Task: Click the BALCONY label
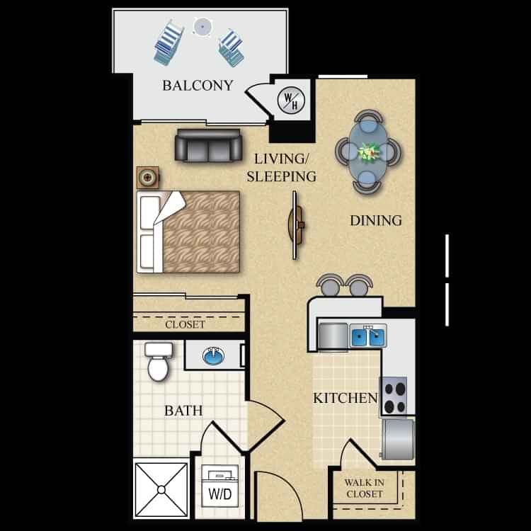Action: pos(198,86)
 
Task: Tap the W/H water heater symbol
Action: pos(291,100)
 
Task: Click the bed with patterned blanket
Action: pos(190,232)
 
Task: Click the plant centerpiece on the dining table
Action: pos(368,151)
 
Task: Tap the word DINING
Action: pos(376,220)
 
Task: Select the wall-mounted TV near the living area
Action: pos(297,225)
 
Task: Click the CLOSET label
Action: pos(185,325)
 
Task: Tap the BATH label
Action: pos(183,411)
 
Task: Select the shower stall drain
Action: pos(161,489)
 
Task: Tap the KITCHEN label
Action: pos(346,399)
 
